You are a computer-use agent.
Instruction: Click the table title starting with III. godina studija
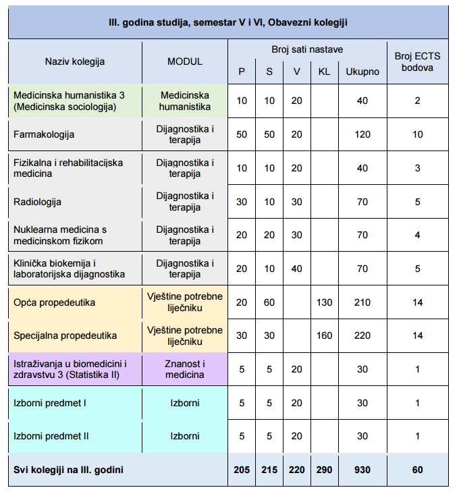pyautogui.click(x=228, y=23)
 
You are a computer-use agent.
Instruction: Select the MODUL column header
pyautogui.click(x=184, y=61)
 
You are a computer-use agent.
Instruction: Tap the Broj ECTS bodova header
pyautogui.click(x=417, y=61)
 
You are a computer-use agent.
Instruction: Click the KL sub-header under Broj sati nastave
pyautogui.click(x=324, y=72)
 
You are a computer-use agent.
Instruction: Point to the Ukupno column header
pyautogui.click(x=362, y=72)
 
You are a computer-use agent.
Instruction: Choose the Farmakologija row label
pyautogui.click(x=44, y=134)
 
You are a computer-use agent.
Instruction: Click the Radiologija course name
pyautogui.click(x=38, y=201)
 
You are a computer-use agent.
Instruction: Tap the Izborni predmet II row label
pyautogui.click(x=51, y=436)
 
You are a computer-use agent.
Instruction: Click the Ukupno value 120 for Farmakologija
pyautogui.click(x=362, y=134)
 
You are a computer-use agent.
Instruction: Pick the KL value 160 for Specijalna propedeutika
pyautogui.click(x=324, y=335)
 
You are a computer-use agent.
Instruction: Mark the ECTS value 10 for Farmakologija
pyautogui.click(x=418, y=134)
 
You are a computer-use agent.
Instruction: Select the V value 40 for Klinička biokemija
pyautogui.click(x=297, y=269)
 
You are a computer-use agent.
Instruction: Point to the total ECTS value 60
pyautogui.click(x=418, y=469)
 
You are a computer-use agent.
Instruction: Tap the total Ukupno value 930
pyautogui.click(x=362, y=469)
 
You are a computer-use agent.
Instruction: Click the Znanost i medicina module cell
pyautogui.click(x=184, y=369)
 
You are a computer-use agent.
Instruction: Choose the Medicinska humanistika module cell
pyautogui.click(x=184, y=101)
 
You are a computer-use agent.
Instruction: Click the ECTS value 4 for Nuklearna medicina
pyautogui.click(x=418, y=235)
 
